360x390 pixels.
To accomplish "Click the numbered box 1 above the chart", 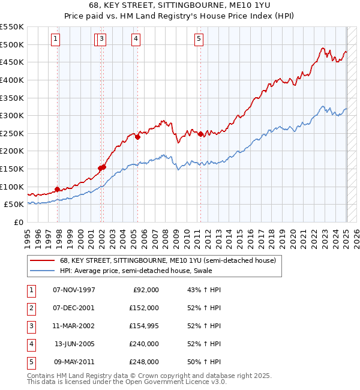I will (55, 40).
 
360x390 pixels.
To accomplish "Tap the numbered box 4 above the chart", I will (136, 40).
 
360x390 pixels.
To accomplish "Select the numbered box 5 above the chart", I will (199, 40).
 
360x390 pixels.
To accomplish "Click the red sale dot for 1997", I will (58, 189).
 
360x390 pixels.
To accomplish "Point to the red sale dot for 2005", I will (138, 137).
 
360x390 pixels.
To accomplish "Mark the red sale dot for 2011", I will (200, 134).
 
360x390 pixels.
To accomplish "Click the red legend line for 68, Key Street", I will (42, 261).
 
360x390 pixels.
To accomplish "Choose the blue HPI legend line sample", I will (42, 271).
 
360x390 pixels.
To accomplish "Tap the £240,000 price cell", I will (144, 344).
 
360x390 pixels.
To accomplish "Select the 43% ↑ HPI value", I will (204, 290).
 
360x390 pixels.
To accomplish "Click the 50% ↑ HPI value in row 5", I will (204, 362).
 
